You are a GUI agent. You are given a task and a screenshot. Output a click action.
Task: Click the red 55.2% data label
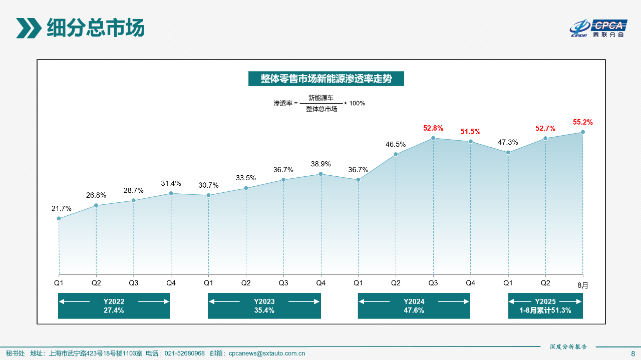[x=583, y=122]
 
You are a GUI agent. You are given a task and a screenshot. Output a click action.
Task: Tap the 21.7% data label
[x=62, y=208]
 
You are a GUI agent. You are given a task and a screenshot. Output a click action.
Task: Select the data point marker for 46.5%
[x=396, y=154]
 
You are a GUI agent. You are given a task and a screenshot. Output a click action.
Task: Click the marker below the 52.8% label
[x=433, y=138]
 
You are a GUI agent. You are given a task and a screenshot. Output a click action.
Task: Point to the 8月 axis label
[x=583, y=285]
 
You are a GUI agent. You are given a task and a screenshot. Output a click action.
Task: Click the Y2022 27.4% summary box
[x=114, y=306]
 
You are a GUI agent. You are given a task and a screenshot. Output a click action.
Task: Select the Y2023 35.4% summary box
[x=264, y=306]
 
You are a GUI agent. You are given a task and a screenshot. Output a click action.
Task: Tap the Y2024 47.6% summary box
[x=414, y=306]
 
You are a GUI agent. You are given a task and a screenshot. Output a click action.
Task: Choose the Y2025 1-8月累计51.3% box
[x=545, y=306]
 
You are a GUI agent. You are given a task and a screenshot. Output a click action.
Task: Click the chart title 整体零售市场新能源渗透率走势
[x=326, y=79]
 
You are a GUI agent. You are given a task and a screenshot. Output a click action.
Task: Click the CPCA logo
[x=598, y=28]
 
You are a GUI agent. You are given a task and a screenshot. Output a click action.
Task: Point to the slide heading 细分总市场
[x=95, y=28]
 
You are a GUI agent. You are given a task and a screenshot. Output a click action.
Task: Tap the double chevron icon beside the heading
[x=29, y=28]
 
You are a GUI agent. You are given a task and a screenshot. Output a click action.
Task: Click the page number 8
[x=632, y=353]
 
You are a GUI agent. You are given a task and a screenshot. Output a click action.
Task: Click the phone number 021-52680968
[x=185, y=353]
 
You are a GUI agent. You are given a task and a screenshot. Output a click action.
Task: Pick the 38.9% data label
[x=320, y=164]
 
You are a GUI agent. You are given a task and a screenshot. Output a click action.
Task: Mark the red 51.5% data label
[x=471, y=132]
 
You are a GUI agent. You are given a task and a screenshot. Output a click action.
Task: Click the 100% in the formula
[x=357, y=103]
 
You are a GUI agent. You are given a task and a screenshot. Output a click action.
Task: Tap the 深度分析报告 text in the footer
[x=568, y=346]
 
